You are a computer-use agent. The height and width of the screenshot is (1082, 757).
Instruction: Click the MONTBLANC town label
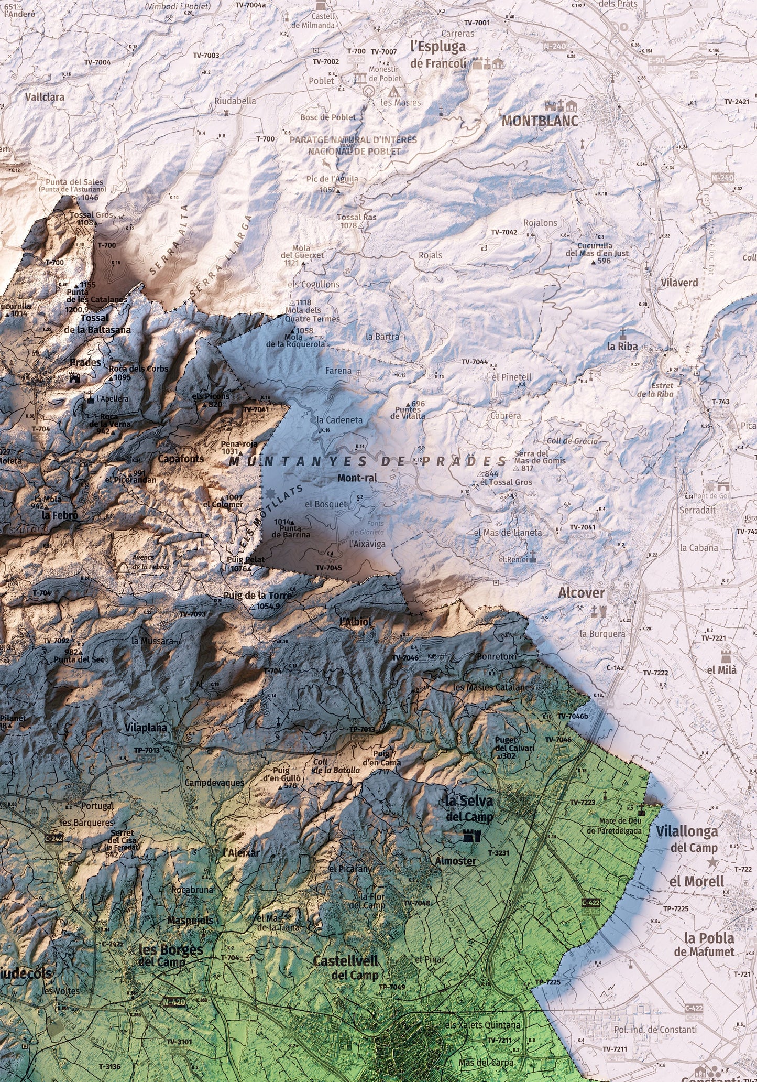coord(540,121)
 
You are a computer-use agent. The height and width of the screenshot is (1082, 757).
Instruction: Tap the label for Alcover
coord(581,593)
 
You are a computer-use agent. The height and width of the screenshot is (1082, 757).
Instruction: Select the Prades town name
coord(85,362)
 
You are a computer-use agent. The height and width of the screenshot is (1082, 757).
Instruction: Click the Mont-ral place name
coord(357,478)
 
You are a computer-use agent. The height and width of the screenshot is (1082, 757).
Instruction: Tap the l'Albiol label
coord(356,622)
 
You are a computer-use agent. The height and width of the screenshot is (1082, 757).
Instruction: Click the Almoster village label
coord(455,861)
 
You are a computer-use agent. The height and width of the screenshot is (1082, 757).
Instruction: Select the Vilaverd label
coord(679,283)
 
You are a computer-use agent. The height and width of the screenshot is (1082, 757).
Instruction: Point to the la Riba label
coord(622,346)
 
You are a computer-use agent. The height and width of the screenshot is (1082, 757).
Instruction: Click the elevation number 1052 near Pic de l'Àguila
coord(326,190)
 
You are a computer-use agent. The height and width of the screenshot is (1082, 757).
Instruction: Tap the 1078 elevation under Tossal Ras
coord(348,225)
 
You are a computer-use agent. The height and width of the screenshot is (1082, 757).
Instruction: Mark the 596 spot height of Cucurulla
coord(604,261)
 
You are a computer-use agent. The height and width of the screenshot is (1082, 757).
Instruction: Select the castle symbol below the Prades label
coord(74,377)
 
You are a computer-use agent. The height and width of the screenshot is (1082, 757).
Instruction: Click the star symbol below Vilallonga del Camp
coord(711,862)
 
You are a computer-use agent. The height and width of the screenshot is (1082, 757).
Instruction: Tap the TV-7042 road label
coord(504,232)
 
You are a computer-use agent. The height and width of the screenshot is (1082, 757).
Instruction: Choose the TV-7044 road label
coord(474,362)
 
